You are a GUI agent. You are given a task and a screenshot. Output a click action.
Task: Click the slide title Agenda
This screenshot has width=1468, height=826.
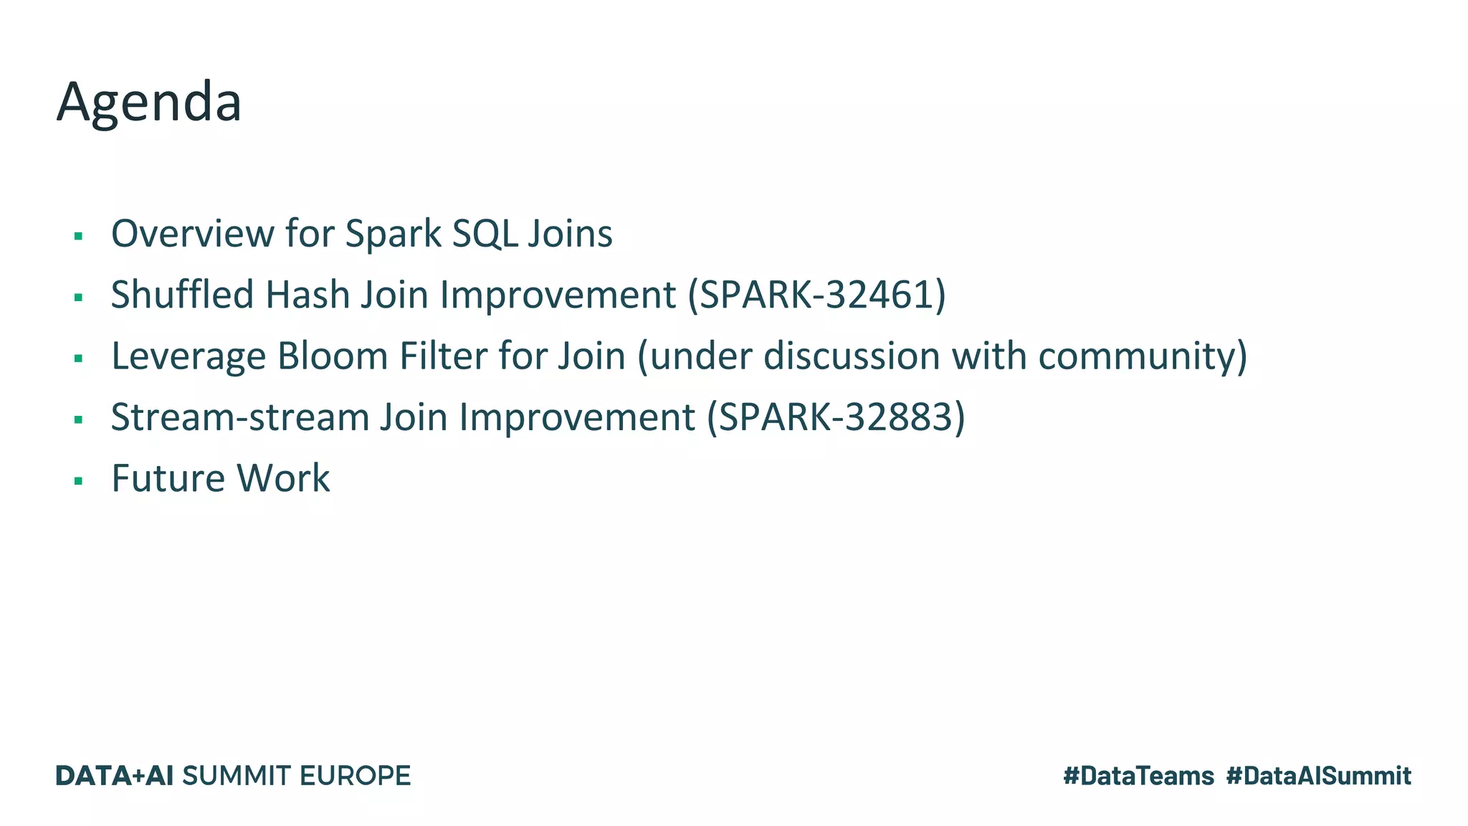coord(149,103)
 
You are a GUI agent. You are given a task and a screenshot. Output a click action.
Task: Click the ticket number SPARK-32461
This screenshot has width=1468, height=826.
coord(816,295)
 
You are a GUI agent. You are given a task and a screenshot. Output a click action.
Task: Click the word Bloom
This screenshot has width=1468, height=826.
coord(333,356)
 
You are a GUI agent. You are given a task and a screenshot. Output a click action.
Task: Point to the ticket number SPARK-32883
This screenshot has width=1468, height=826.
coord(835,417)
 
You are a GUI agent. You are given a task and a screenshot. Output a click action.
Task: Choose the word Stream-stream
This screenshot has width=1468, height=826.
coord(239,417)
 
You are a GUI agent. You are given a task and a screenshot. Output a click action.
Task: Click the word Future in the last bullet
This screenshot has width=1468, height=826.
coord(168,478)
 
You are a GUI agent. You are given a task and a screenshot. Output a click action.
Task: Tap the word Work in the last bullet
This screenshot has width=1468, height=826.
coord(283,478)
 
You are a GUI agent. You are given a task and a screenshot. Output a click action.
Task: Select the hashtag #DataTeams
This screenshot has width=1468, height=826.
coord(1138,776)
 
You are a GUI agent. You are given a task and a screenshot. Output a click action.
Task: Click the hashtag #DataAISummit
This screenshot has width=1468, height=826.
coord(1318,776)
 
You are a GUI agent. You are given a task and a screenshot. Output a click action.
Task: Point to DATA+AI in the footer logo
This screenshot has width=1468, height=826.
coord(115,776)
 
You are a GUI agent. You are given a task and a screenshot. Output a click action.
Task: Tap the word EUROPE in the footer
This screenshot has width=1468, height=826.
coord(355,776)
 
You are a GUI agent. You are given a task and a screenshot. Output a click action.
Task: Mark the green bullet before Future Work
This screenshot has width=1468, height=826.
coord(79,481)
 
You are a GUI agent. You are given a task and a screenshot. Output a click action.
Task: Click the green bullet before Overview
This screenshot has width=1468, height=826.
coord(79,237)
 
